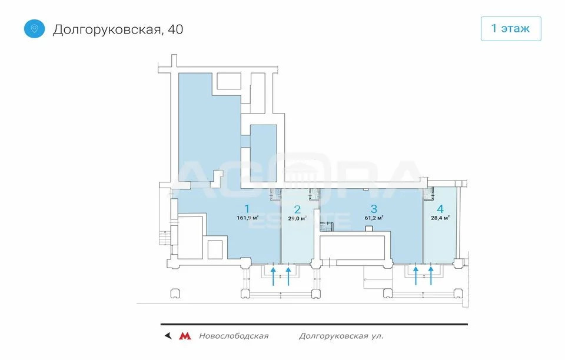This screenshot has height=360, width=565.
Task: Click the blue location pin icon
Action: click(x=34, y=28)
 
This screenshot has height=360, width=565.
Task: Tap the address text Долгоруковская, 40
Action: click(x=118, y=29)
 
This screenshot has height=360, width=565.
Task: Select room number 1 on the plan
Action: click(x=248, y=208)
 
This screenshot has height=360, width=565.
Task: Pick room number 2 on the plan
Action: click(x=297, y=209)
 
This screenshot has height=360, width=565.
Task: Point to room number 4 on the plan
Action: click(x=440, y=208)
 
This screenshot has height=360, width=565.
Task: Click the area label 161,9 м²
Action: click(x=248, y=218)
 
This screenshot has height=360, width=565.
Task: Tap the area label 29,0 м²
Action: click(x=297, y=218)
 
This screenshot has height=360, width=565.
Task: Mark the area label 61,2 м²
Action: click(x=374, y=218)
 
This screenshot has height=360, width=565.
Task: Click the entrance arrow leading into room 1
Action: click(x=274, y=275)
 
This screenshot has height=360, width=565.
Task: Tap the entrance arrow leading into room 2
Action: click(x=288, y=275)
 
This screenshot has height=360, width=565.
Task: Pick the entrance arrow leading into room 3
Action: click(x=416, y=275)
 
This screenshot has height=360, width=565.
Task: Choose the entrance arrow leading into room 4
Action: click(x=431, y=275)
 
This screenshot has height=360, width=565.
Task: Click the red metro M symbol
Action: click(x=185, y=336)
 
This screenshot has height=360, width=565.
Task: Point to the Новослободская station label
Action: click(x=233, y=336)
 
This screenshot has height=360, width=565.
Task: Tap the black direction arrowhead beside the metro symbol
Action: click(x=168, y=336)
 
